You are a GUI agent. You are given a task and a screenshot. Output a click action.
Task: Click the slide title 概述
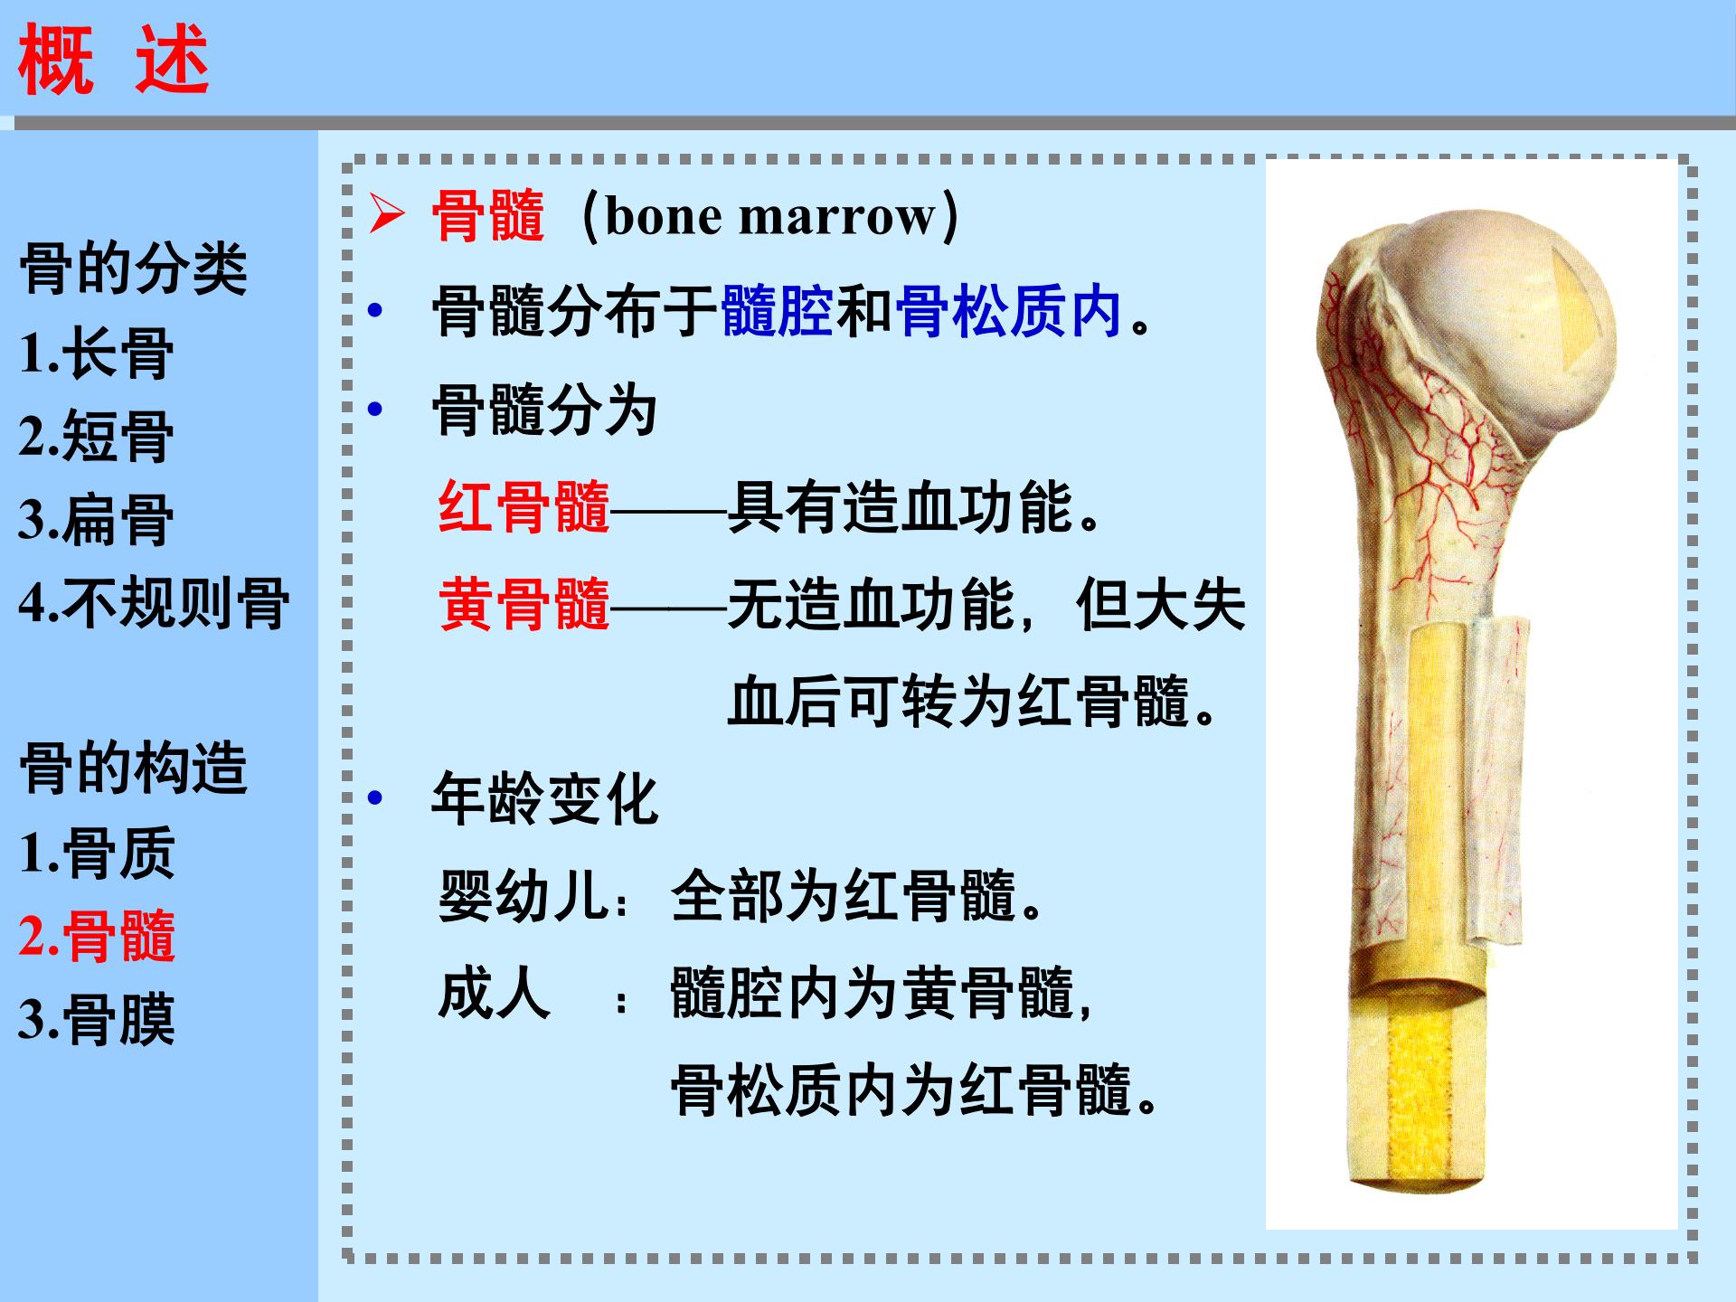tap(114, 61)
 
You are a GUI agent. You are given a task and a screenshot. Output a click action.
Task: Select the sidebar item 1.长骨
tap(96, 353)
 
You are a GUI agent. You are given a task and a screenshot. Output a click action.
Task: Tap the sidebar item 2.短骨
tap(96, 436)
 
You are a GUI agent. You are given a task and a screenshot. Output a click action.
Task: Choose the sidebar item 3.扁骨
tap(96, 519)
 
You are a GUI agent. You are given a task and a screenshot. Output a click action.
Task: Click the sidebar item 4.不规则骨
tap(154, 602)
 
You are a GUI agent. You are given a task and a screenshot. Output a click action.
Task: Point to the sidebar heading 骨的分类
tap(133, 269)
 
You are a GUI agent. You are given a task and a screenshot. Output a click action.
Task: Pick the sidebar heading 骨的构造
tap(133, 769)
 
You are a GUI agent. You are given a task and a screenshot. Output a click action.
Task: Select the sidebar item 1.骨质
tap(96, 853)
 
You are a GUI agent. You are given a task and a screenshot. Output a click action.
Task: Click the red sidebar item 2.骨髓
tap(96, 936)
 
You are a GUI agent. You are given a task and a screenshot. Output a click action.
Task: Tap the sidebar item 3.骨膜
tap(96, 1019)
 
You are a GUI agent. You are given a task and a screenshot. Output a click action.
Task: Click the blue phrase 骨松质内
tap(1008, 312)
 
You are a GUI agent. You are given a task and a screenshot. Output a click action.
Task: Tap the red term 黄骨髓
tap(524, 604)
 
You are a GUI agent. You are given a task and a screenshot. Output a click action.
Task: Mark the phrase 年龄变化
tap(544, 799)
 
